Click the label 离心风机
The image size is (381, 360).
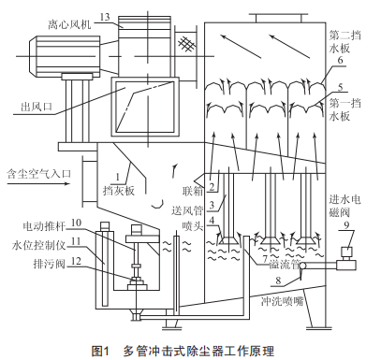click(69, 24)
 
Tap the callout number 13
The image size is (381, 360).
click(105, 17)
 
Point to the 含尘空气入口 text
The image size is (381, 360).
click(39, 174)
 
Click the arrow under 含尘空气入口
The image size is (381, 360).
click(38, 183)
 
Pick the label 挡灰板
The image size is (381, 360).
click(119, 191)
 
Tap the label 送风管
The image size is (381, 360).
click(187, 210)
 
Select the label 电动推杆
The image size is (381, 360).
click(44, 226)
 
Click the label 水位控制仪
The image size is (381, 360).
click(38, 246)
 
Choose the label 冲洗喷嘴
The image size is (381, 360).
click(282, 301)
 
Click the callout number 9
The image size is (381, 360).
click(346, 225)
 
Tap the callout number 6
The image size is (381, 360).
click(340, 60)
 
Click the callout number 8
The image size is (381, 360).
click(278, 281)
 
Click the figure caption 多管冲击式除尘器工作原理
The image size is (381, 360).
click(198, 351)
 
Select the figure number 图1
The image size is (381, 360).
click(100, 351)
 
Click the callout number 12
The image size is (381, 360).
click(77, 261)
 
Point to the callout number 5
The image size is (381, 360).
click(340, 87)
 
